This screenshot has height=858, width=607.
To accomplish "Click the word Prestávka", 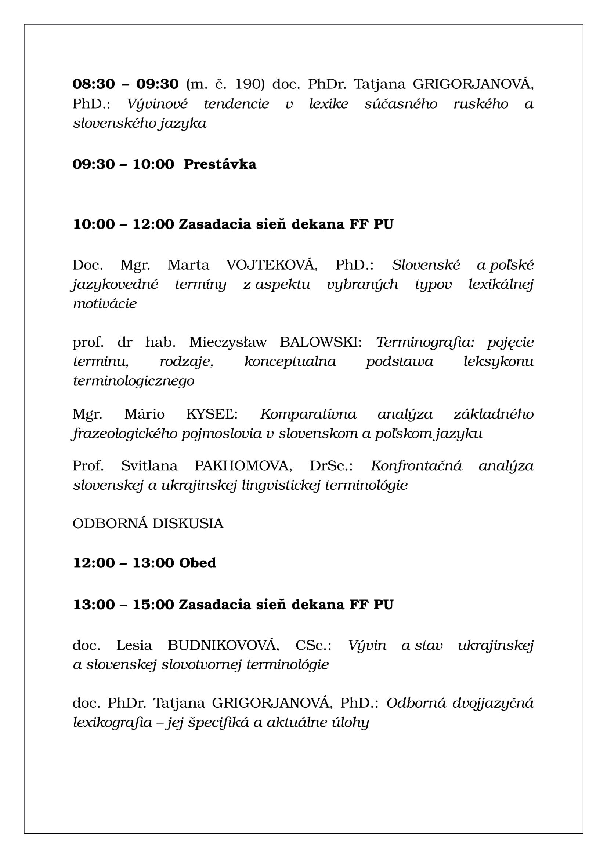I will coord(220,164).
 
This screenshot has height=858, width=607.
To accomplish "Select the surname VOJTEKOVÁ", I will coord(271,265).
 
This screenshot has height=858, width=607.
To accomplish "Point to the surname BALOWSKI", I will coord(320,342).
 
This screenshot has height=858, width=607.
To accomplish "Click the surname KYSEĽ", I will coord(211,414).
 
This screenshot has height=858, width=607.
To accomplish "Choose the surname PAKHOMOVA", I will coord(243,465).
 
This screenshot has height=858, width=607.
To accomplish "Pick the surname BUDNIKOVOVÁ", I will coord(223,645).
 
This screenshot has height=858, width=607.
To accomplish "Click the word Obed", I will coord(198,563).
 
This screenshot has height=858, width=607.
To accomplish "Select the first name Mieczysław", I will coord(228,342).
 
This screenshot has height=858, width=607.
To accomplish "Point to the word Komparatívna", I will coord(308,414).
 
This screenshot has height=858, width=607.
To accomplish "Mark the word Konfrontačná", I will coord(416,465).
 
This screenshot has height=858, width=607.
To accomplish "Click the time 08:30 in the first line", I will coord(94,84).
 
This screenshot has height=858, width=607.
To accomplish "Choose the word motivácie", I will coord(105,303).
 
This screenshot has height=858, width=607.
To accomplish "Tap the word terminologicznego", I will coord(134,381).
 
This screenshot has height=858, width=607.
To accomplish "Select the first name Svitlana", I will coord(149,465).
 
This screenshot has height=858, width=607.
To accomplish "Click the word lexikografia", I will coord(113,722).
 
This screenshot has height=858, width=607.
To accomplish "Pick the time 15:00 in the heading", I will coord(153,604).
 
